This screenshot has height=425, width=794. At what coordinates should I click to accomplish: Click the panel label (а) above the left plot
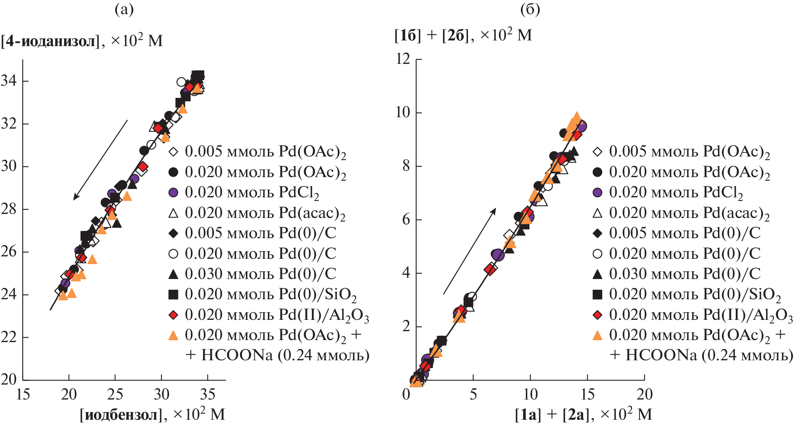pyautogui.click(x=124, y=10)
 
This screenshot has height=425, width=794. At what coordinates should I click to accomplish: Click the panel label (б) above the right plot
pyautogui.click(x=530, y=10)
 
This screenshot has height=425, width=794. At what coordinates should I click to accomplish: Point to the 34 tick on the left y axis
pyautogui.click(x=9, y=81)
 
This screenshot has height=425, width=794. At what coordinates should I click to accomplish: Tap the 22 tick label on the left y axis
pyautogui.click(x=9, y=337)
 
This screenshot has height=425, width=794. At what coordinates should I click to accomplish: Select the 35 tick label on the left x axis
pyautogui.click(x=208, y=394)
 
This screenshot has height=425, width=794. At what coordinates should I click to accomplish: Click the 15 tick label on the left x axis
pyautogui.click(x=23, y=394)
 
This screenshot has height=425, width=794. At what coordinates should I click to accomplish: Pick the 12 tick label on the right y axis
pyautogui.click(x=403, y=59)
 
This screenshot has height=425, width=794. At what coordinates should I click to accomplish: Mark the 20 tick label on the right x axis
pyautogui.click(x=644, y=394)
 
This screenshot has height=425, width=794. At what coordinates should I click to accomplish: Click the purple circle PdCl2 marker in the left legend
pyautogui.click(x=173, y=192)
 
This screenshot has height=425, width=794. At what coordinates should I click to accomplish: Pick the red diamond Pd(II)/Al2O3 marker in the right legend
pyautogui.click(x=597, y=315)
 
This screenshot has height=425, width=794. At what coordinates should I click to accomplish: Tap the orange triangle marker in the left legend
pyautogui.click(x=173, y=335)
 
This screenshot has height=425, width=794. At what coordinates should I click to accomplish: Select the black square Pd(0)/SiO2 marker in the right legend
pyautogui.click(x=597, y=294)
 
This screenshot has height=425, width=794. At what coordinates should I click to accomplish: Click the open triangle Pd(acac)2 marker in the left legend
pyautogui.click(x=173, y=213)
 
